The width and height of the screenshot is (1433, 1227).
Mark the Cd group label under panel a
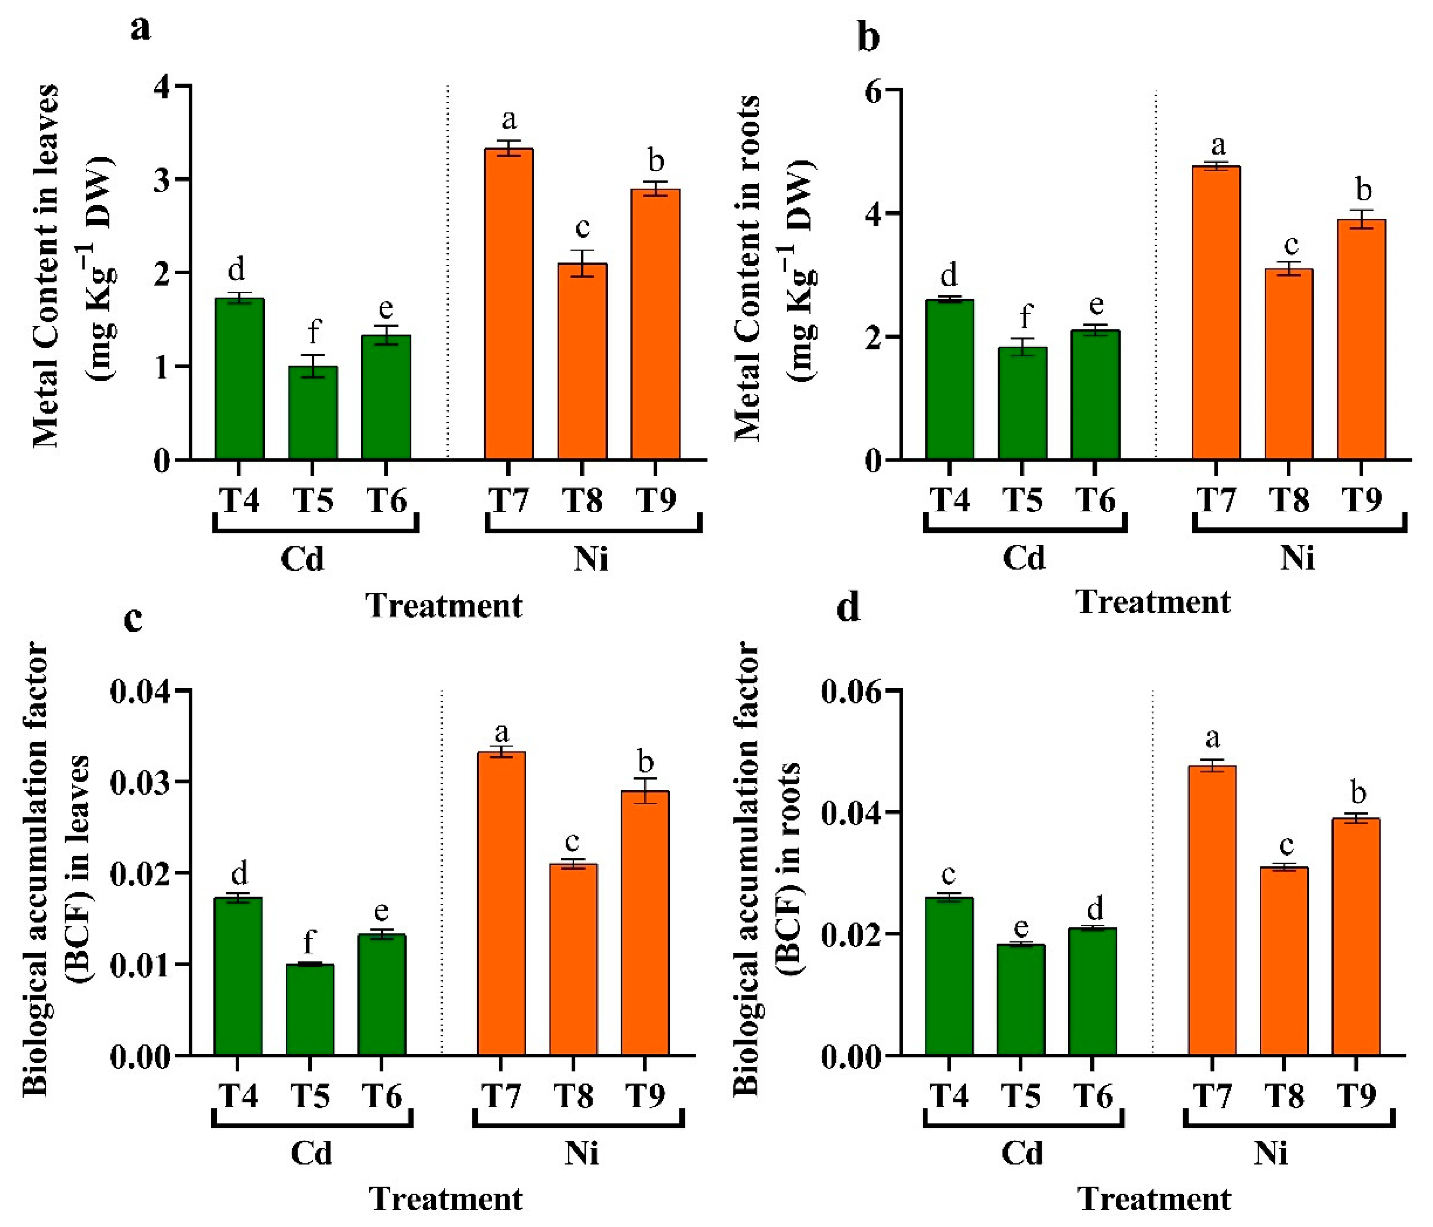coord(302,558)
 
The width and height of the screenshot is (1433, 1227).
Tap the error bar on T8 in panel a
coord(582,264)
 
